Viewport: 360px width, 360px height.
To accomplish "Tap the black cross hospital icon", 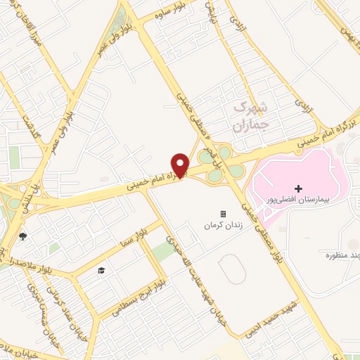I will click(298, 188).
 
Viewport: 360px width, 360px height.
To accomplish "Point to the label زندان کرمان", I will click(218, 226).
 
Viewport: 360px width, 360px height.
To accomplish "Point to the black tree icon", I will click(22, 236).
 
